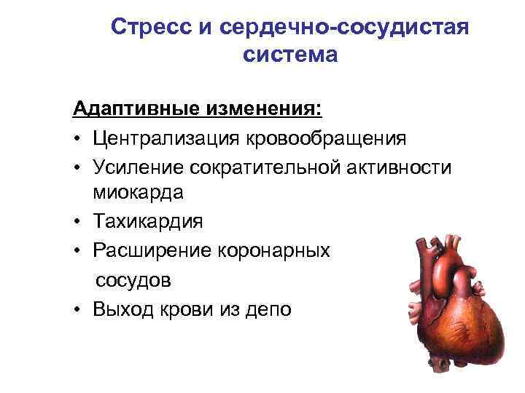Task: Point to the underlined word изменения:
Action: [x=262, y=109]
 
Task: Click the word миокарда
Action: [x=139, y=192]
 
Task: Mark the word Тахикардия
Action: [x=148, y=221]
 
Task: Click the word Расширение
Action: [x=150, y=250]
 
